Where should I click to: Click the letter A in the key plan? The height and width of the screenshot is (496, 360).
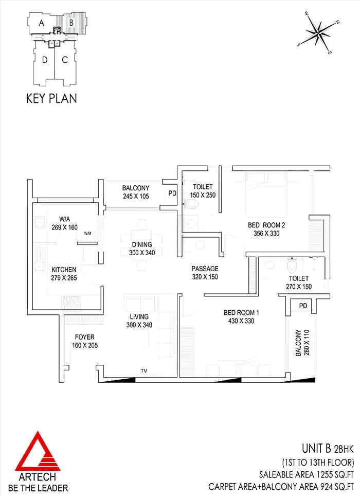pos(42,23)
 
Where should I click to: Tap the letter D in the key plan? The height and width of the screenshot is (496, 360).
pos(45,60)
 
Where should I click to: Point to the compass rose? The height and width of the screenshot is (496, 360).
pos(318,32)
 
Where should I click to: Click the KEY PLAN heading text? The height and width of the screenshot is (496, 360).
pos(51,98)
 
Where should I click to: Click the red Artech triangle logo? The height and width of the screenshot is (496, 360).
pos(38,451)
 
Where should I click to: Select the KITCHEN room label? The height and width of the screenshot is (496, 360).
pos(64,270)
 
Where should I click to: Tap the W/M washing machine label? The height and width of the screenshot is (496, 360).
pos(87,234)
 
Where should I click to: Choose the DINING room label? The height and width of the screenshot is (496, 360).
pos(142,244)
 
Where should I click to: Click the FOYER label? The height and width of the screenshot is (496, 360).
pos(85,337)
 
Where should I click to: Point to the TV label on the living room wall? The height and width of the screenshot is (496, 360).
pos(144,371)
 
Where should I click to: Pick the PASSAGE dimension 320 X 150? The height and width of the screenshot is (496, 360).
pos(205,277)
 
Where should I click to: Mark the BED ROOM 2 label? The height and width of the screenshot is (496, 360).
pos(266,225)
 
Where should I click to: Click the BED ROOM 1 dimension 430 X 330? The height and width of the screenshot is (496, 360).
pos(241,321)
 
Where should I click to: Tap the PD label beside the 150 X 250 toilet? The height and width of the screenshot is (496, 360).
pos(172,193)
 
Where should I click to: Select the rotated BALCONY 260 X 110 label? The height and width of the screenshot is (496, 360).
pos(302,343)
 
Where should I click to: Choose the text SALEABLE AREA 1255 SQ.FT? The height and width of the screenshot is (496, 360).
pos(307,474)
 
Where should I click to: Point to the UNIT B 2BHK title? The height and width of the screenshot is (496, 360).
pos(328,449)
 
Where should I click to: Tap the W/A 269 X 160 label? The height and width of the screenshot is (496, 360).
pos(64,223)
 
